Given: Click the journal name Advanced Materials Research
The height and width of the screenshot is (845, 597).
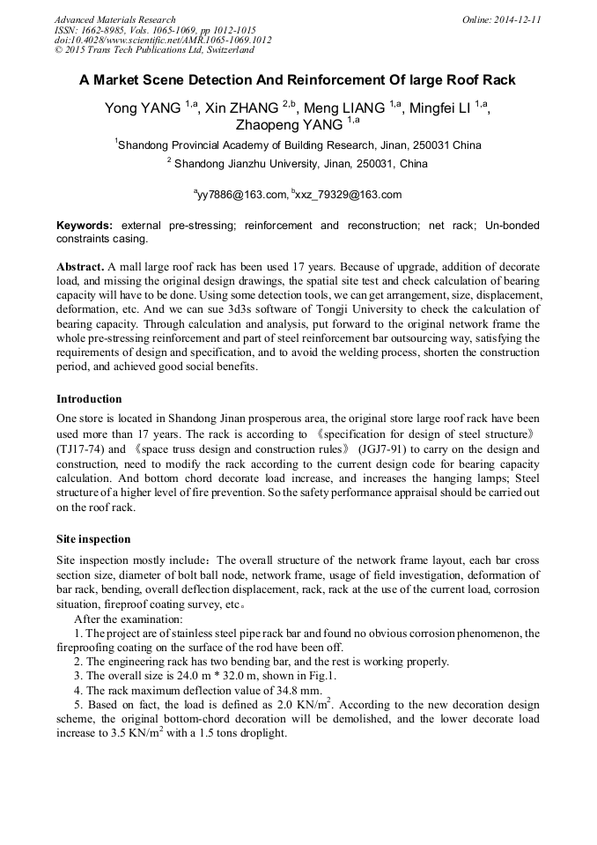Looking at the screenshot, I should pyautogui.click(x=114, y=19).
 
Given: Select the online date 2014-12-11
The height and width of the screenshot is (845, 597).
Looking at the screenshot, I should pyautogui.click(x=516, y=19).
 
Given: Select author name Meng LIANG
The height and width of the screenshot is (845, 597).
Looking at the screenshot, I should pyautogui.click(x=343, y=108).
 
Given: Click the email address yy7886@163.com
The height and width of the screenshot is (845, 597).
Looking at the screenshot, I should pyautogui.click(x=242, y=195).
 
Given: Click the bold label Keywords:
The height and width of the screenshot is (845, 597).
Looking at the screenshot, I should pyautogui.click(x=85, y=226).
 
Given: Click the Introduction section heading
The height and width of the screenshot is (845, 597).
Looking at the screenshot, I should pyautogui.click(x=89, y=399).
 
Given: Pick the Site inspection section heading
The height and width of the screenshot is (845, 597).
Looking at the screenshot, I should pyautogui.click(x=93, y=539).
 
